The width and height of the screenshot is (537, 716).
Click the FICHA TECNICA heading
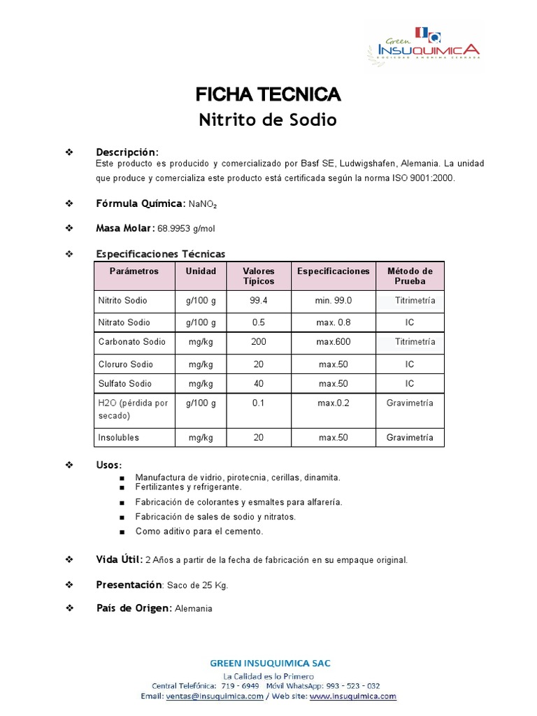[268, 94]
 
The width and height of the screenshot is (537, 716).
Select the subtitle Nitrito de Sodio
[268, 120]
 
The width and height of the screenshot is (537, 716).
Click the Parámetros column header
[134, 271]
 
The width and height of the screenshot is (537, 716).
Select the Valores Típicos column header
[258, 276]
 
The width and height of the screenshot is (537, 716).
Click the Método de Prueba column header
[410, 276]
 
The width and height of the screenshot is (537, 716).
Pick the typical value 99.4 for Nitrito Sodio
[258, 301]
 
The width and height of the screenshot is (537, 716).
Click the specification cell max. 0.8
[334, 323]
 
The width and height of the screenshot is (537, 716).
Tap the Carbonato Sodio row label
[132, 342]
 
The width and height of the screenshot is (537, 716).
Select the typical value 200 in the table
[258, 342]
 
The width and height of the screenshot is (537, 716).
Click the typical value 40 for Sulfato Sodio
[258, 384]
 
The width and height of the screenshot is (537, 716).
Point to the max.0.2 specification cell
[334, 403]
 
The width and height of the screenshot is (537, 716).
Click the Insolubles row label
[118, 438]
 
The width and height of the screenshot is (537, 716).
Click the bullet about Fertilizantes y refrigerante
[189, 487]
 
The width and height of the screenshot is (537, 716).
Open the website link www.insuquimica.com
[352, 696]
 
